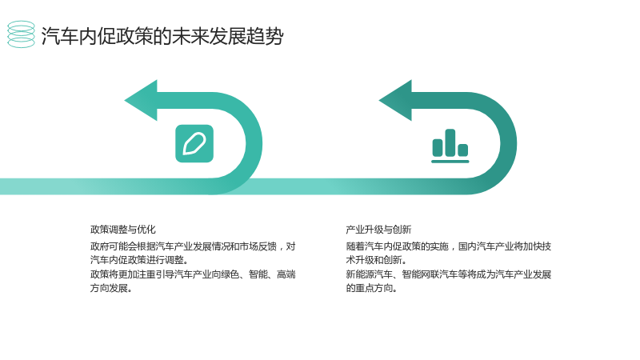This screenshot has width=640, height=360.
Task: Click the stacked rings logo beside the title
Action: pos(22,34)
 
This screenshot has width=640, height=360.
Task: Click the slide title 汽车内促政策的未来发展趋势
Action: pos(162,36)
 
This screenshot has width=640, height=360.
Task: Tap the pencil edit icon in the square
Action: pos(194,144)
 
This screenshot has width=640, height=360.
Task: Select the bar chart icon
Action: pos(450,146)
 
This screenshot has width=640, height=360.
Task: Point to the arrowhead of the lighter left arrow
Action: pos(141,101)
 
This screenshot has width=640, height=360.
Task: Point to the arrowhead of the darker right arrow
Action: pos(395,101)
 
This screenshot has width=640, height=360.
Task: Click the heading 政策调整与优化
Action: pos(123,230)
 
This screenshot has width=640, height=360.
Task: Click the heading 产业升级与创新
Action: pos(378,230)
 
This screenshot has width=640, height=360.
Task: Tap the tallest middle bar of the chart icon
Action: pos(450,143)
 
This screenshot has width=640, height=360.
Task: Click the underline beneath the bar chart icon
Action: pos(450,162)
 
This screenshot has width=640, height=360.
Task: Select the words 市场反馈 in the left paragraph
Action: pos(258,246)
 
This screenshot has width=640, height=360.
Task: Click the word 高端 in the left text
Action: pos(286,274)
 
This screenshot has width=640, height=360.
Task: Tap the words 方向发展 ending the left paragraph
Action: pos(109,288)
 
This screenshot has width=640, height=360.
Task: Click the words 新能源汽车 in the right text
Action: pos(369,274)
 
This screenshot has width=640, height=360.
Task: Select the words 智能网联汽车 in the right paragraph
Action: pos(430,274)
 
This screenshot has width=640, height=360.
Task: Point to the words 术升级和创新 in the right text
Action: pos(374,259)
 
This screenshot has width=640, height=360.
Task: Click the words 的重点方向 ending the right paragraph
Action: pos(369,288)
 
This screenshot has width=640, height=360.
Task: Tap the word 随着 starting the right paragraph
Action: pos(355,246)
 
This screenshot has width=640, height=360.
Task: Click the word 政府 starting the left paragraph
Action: pos(99,246)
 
